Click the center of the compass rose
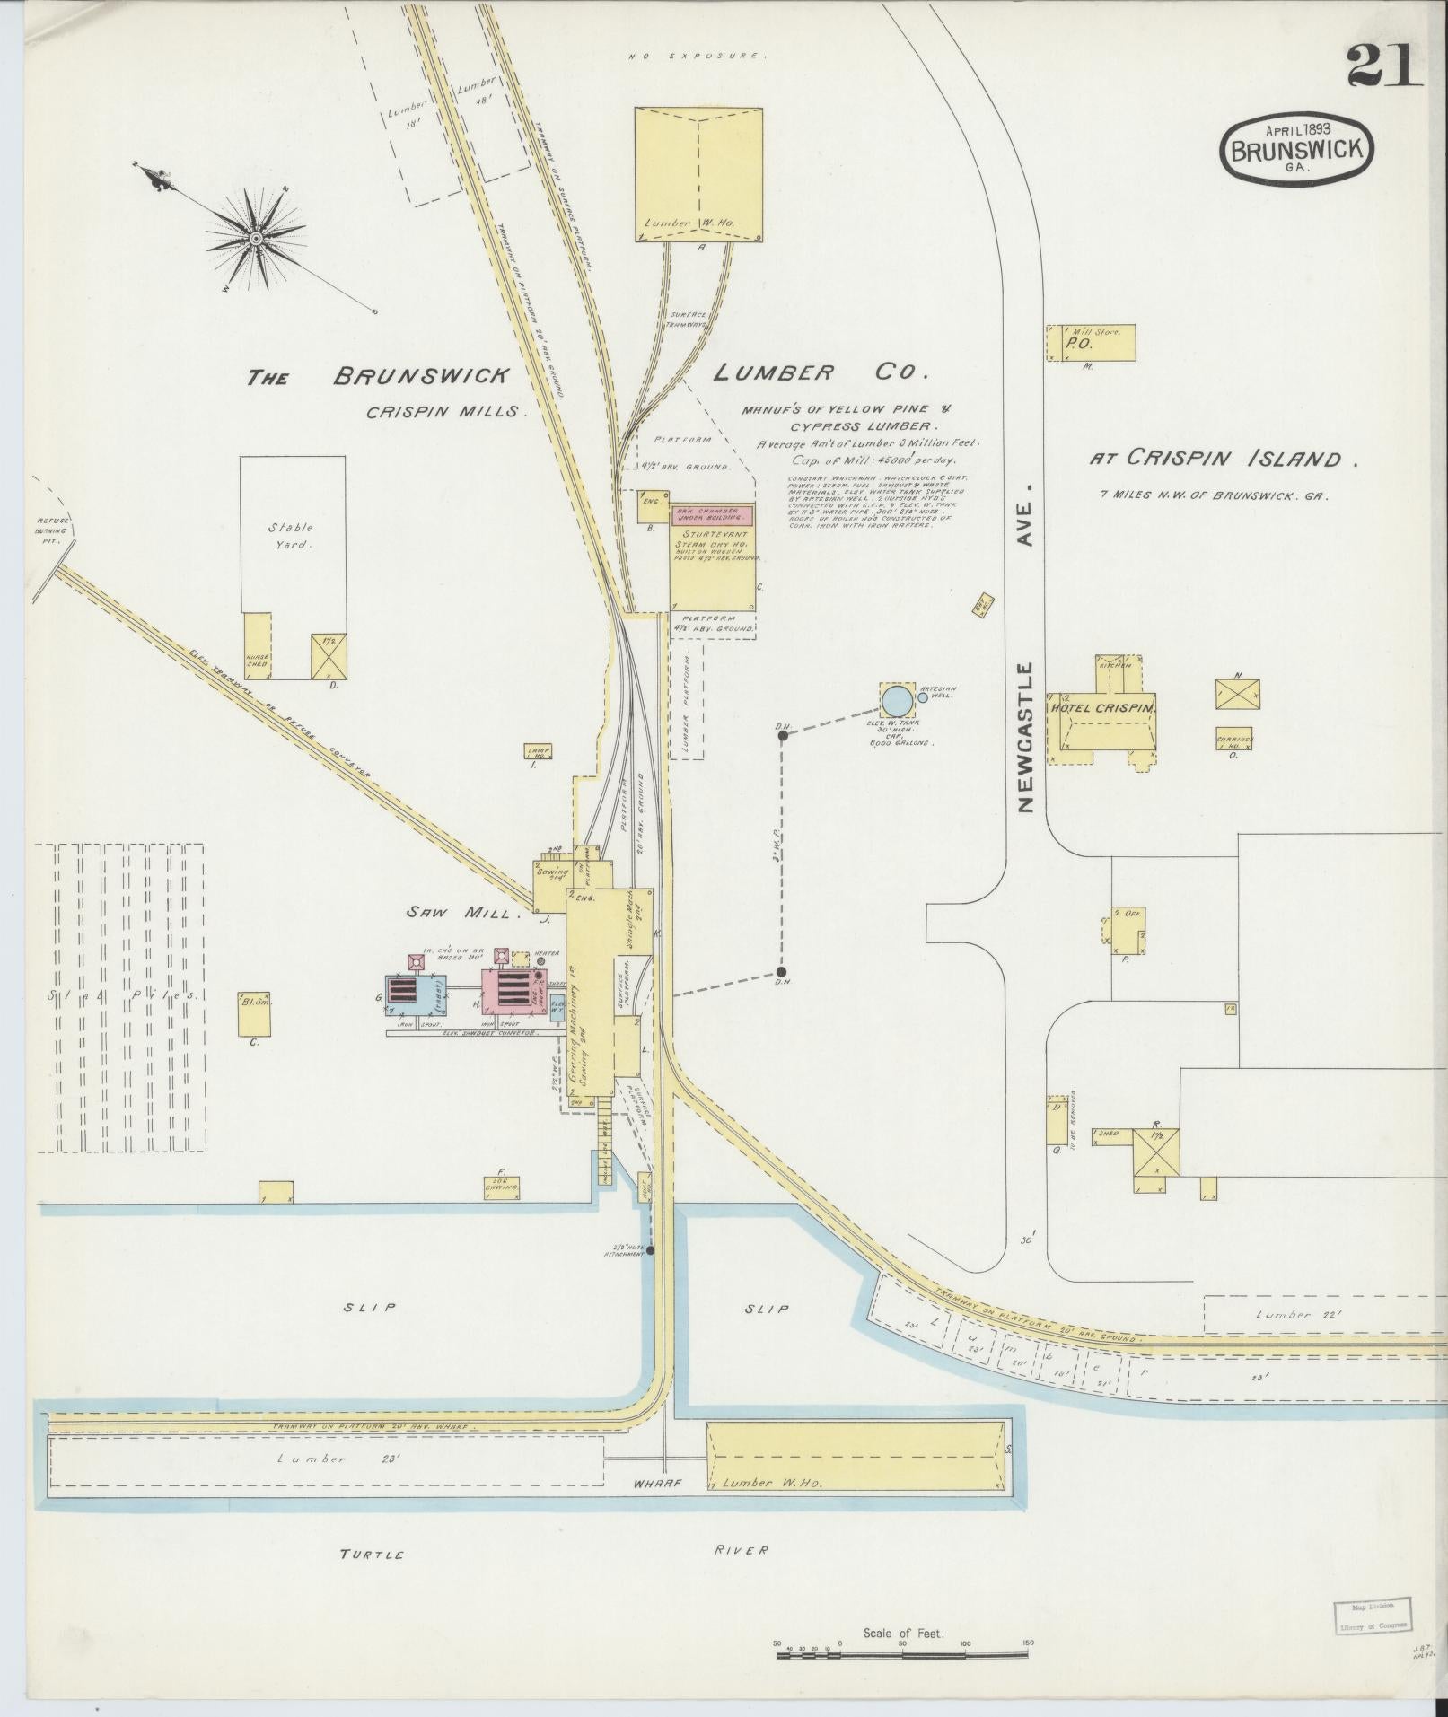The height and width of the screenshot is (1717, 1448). [256, 238]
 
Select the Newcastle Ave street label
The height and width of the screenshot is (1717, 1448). [1027, 645]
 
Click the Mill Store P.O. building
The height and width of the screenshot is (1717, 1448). [1091, 343]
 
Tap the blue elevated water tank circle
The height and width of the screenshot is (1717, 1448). [895, 698]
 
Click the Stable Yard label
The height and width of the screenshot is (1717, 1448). [291, 535]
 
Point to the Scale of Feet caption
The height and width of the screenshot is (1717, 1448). [903, 1633]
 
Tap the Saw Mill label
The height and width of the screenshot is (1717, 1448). [463, 913]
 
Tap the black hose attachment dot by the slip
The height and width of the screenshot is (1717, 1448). [650, 1249]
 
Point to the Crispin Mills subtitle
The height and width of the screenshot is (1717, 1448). [444, 411]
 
